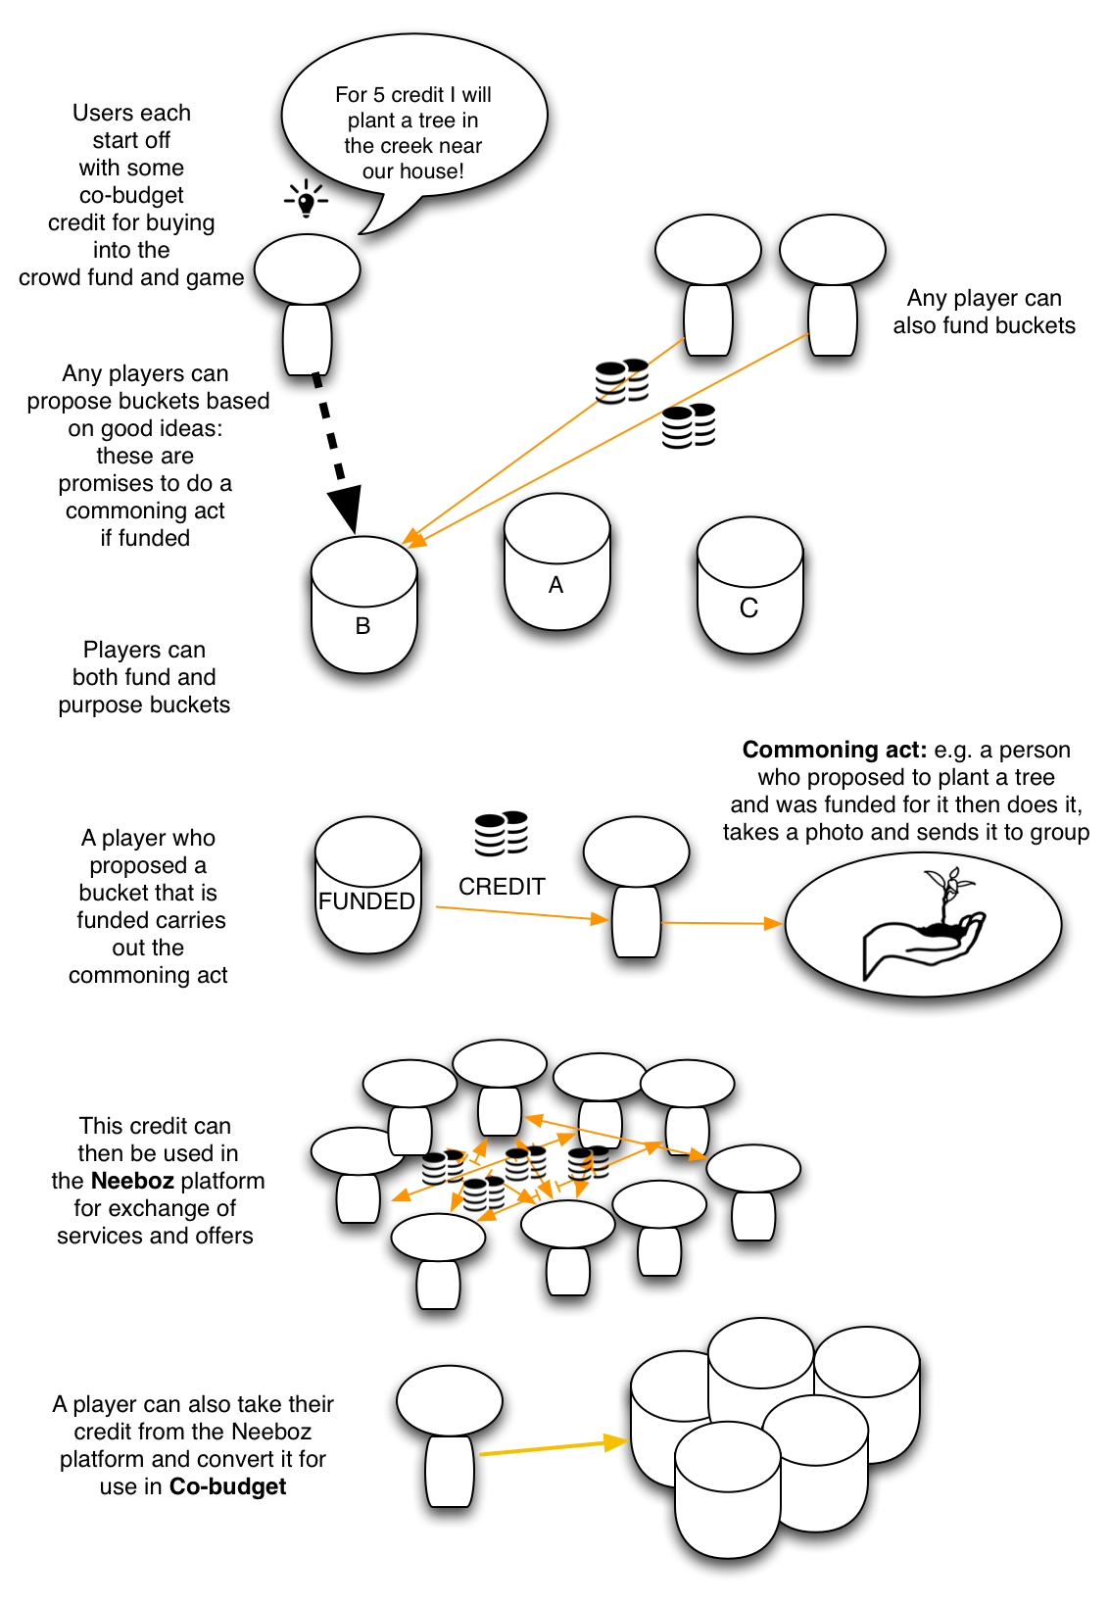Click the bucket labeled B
pos(363,608)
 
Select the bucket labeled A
pos(556,564)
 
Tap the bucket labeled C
pos(749,588)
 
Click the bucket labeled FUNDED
pos(367,887)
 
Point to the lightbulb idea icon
pos(307,200)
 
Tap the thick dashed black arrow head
pos(345,509)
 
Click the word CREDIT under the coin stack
pos(502,887)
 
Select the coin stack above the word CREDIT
pos(502,834)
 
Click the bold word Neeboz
pos(132,1181)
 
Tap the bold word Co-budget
pos(227,1486)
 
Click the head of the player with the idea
pos(308,268)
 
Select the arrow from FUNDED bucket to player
pos(519,913)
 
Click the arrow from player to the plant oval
pos(722,923)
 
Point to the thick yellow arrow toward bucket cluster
pos(554,1447)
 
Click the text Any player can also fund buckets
pos(984,312)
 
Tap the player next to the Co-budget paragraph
pos(450,1435)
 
